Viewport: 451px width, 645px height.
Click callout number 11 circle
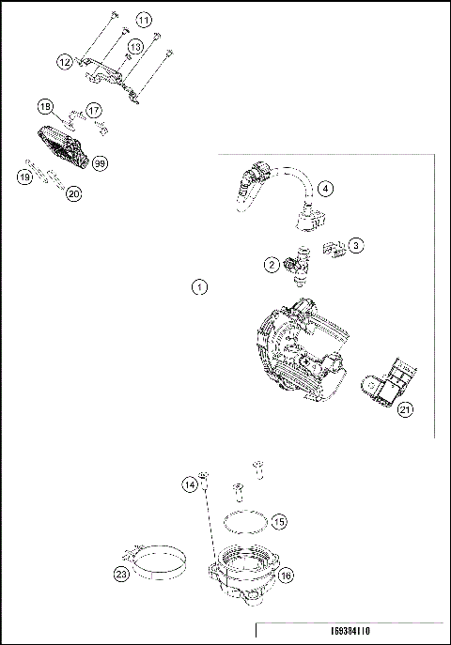(143, 20)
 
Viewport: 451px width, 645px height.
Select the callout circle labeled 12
(65, 62)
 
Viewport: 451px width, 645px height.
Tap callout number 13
(135, 46)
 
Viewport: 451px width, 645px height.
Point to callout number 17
(94, 110)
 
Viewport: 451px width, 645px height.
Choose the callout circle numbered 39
(100, 162)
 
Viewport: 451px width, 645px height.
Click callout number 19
(26, 176)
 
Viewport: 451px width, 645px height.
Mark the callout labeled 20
(73, 193)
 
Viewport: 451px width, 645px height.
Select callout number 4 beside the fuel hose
(324, 189)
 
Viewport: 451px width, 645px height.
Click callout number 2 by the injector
(271, 266)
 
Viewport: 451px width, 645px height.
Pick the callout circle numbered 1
(199, 287)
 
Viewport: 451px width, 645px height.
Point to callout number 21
(404, 408)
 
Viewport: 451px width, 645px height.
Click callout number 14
(191, 484)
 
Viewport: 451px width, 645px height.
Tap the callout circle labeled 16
(286, 576)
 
